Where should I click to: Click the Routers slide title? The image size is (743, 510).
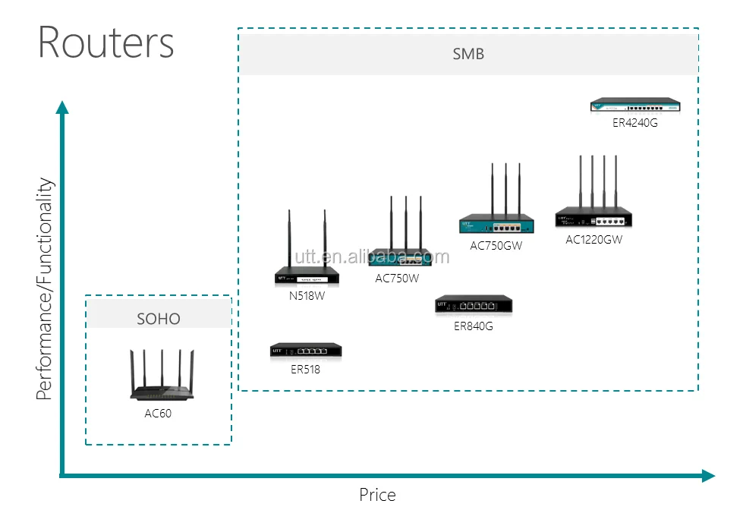point(106,42)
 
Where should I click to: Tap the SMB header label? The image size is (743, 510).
point(468,54)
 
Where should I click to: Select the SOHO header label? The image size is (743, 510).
point(159,319)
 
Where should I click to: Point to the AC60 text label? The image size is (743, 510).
point(159,414)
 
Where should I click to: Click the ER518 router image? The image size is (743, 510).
point(306,351)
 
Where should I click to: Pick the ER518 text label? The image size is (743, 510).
point(306,370)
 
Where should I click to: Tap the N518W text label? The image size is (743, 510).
point(307,296)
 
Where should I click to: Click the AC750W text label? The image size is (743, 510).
point(397,279)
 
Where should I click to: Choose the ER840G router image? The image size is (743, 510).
point(474,305)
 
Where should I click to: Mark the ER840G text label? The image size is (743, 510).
point(474,326)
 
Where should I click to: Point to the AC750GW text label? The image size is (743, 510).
point(496,245)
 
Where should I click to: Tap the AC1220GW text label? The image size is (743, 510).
point(593,240)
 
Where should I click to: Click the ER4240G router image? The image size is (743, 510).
point(635,105)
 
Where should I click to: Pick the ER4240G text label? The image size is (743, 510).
point(635,122)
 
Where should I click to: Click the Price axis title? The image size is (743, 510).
point(377,495)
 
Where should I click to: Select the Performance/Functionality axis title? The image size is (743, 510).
point(46,288)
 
